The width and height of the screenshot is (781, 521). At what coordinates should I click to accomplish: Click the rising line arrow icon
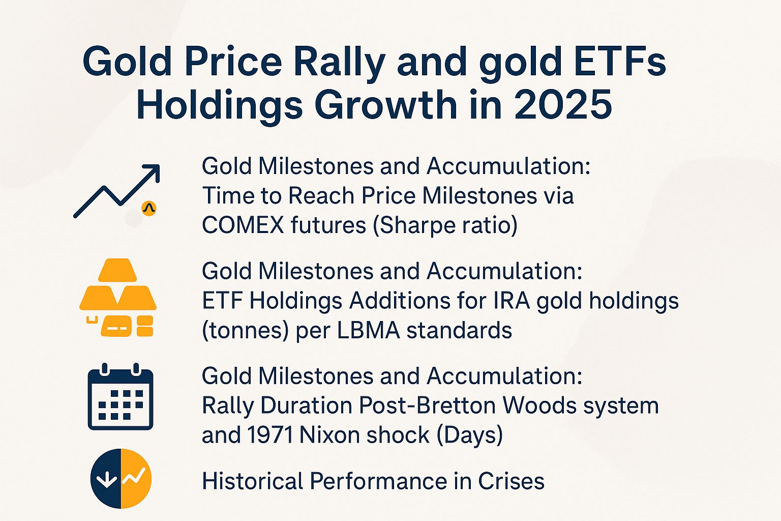(117, 190)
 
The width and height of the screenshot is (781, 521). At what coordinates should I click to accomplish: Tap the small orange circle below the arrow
(148, 208)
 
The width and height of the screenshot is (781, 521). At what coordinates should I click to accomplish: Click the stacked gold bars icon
(118, 298)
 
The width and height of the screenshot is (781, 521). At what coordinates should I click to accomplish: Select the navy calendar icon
(121, 397)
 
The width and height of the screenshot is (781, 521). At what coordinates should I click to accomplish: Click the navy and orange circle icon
(121, 478)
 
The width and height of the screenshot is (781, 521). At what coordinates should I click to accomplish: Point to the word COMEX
(243, 225)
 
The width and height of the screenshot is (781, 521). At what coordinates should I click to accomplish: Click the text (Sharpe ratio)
(445, 225)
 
